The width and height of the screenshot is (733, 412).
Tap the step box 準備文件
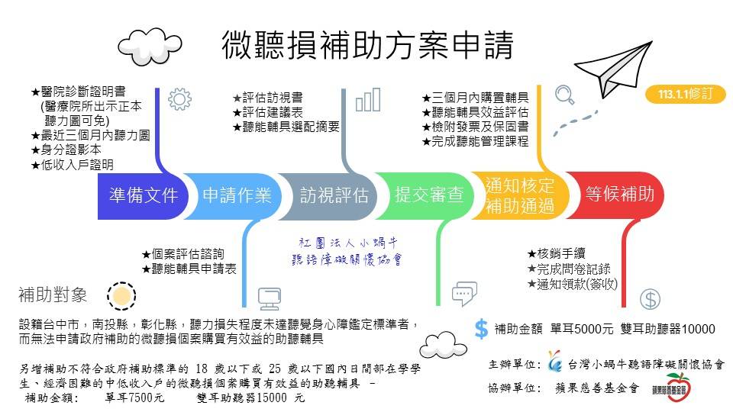[x=144, y=195]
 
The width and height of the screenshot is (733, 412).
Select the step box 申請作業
[x=237, y=195]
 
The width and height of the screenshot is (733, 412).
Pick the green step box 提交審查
[x=428, y=195]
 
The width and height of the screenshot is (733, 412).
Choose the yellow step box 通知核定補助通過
[x=520, y=195]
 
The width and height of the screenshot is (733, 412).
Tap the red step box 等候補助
[x=619, y=195]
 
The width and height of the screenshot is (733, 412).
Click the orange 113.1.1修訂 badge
[x=684, y=95]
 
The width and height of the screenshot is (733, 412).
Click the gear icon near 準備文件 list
[x=179, y=99]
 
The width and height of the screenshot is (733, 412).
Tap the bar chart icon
[x=367, y=99]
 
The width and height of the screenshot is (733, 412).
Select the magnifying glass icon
[x=564, y=95]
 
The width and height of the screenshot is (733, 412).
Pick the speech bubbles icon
[x=463, y=293]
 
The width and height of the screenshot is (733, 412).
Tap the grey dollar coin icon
[x=650, y=299]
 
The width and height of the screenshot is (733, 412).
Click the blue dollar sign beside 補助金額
[x=481, y=329]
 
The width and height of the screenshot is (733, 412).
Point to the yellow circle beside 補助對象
[x=121, y=295]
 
